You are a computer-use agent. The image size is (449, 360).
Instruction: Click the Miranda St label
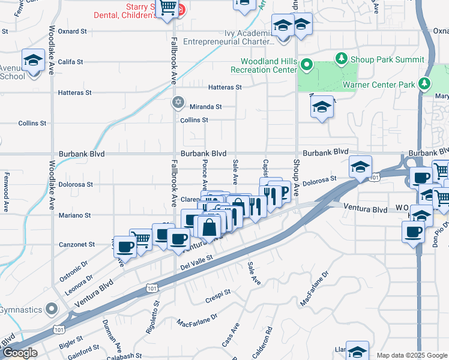206,107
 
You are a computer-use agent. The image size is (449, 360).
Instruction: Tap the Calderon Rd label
262,343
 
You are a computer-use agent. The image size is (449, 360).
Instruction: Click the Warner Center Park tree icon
425,83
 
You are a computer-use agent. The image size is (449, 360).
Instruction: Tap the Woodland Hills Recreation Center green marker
307,64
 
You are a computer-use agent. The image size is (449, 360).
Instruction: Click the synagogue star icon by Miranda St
178,102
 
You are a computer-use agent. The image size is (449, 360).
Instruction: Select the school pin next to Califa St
33,60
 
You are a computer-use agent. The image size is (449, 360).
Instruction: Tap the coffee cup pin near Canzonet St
125,246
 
